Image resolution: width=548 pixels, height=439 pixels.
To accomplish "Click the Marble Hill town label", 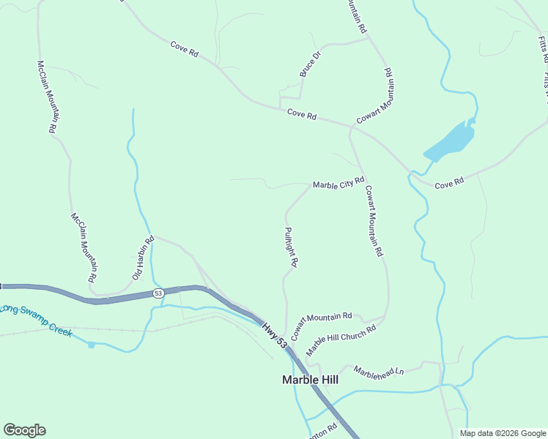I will click(311, 380).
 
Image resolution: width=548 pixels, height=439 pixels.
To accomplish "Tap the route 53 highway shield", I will click(158, 293).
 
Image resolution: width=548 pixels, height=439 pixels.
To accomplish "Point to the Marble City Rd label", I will click(338, 183).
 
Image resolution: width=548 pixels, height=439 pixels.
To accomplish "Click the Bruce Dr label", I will click(311, 64).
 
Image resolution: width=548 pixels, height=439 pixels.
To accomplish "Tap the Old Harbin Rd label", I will click(143, 258).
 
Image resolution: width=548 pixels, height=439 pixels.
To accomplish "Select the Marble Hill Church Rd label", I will click(341, 339).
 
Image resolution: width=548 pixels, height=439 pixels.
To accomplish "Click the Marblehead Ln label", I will click(379, 371).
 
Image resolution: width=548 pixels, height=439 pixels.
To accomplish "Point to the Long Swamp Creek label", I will click(37, 320).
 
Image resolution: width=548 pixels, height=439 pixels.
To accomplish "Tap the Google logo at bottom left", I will click(24, 430).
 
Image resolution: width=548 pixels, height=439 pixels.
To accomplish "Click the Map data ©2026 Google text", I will click(503, 433).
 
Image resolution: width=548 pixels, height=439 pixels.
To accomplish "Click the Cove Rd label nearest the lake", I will click(449, 183).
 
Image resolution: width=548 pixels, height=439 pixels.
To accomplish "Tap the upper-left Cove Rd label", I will click(185, 48).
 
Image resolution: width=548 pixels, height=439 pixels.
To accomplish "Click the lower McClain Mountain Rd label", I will click(84, 248).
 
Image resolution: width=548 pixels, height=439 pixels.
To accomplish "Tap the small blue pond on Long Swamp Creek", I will click(92, 344).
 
